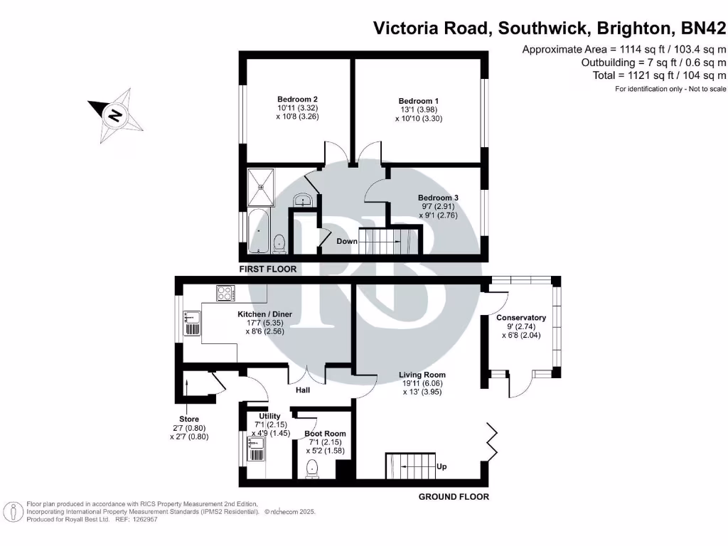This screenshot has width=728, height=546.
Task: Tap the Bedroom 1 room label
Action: pos(418,102)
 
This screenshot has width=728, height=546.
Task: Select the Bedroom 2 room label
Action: pos(297,99)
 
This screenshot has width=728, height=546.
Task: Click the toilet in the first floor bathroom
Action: pos(279,243)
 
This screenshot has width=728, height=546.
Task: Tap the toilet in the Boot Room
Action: pos(311,469)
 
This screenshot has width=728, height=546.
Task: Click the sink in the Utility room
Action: pos(257,447)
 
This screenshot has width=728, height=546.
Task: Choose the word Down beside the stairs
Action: pos(347,242)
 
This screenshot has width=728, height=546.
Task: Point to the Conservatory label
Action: pos(521,318)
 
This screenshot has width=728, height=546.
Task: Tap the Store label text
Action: pos(189,419)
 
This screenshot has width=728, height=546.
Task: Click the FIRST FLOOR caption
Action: pos(268,270)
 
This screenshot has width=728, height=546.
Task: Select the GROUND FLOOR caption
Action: pos(454,497)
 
